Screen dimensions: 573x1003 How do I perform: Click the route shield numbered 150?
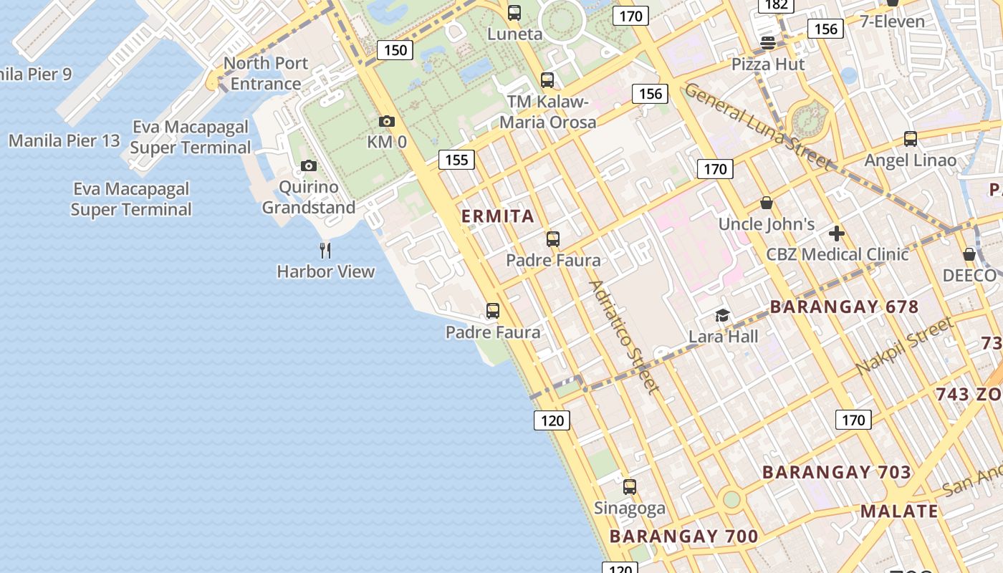395,50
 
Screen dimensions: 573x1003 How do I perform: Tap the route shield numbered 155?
456,160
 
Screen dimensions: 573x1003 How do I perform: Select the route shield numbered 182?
776,5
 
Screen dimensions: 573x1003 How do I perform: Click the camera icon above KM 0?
387,122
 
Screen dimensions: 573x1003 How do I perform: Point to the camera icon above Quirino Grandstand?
309,166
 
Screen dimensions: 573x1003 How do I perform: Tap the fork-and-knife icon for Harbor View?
325,250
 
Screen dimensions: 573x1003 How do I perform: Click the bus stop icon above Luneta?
514,12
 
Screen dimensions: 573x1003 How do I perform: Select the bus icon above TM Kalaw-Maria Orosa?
547,80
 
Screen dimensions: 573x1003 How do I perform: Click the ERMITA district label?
498,216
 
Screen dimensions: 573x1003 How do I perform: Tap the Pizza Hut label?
768,64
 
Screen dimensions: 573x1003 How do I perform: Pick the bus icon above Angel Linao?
911,139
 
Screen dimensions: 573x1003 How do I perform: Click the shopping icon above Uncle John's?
767,203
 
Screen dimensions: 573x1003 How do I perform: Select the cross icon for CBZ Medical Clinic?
837,233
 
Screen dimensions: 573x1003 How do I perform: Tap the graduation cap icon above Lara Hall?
723,315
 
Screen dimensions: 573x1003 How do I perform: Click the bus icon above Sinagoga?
630,487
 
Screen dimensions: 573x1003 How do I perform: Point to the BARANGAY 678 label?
844,307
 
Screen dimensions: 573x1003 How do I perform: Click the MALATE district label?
899,511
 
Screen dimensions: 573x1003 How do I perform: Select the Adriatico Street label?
622,337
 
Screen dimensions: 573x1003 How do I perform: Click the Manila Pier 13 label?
64,140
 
